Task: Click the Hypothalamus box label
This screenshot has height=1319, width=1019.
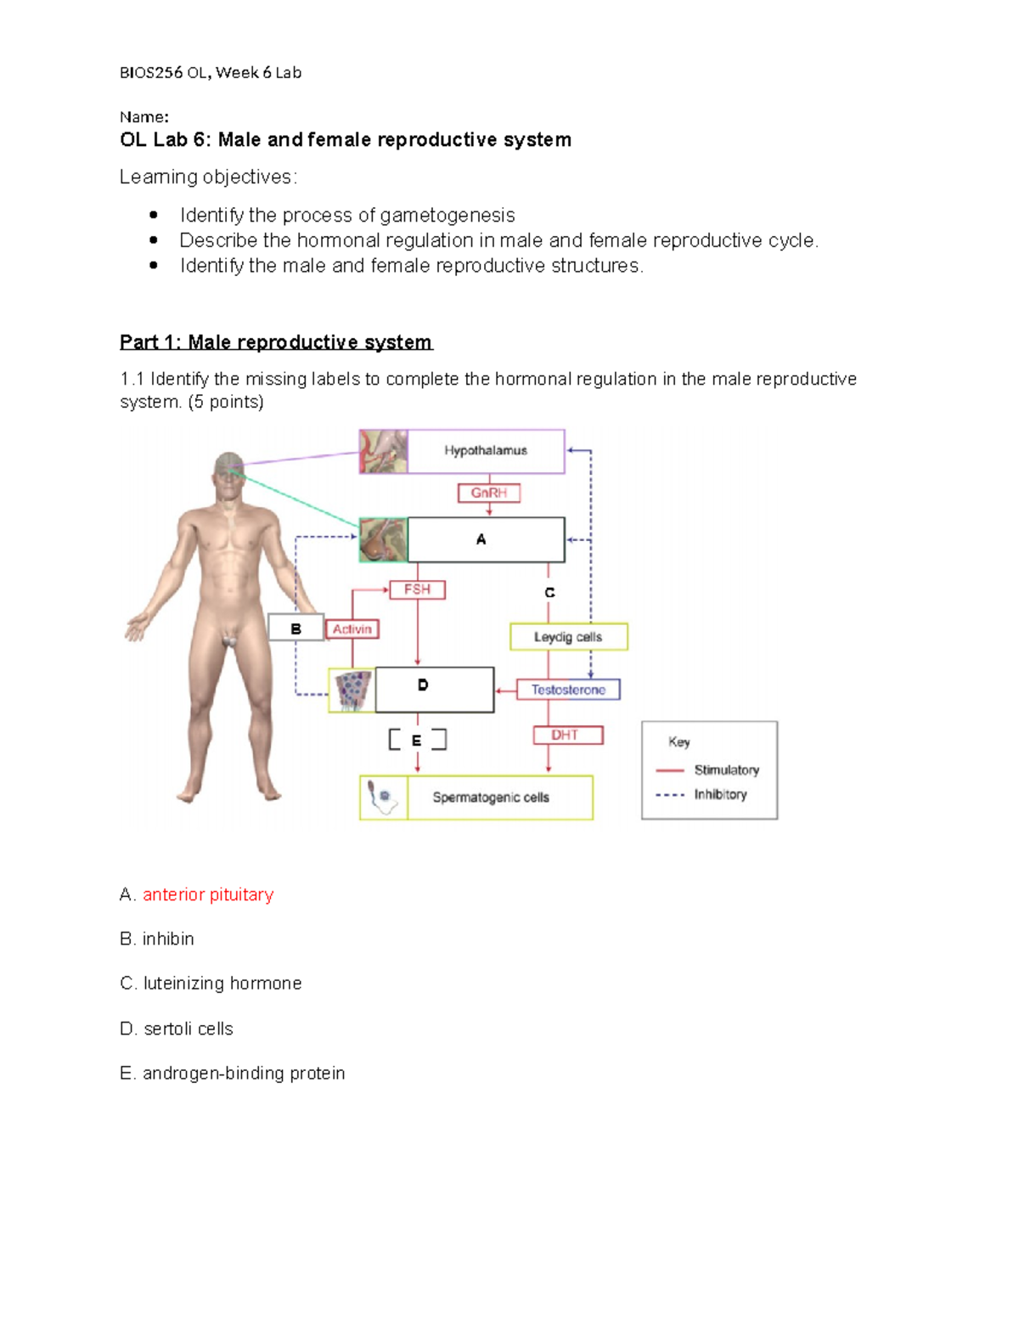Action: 486,451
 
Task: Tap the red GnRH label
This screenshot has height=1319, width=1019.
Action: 488,493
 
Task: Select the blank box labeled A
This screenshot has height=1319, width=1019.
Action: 486,539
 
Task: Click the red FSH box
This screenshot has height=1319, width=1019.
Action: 417,589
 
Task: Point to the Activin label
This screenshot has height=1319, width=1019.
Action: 352,629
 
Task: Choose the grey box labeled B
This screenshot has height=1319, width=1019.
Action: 296,628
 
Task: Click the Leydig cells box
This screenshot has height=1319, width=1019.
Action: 568,637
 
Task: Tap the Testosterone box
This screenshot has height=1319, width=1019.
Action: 568,690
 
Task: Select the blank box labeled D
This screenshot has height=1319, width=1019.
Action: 434,689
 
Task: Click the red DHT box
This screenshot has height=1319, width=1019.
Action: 567,735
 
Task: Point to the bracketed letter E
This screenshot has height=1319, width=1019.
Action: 416,741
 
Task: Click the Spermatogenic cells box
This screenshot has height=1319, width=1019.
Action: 491,798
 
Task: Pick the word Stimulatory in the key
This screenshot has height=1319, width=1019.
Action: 726,770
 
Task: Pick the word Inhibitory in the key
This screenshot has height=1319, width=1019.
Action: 720,795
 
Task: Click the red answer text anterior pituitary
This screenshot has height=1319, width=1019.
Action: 208,895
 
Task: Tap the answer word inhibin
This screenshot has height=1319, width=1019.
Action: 168,939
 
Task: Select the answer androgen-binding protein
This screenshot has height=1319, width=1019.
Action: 244,1074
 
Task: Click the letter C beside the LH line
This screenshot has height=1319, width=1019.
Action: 549,593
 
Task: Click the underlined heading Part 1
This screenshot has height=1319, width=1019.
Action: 276,342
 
